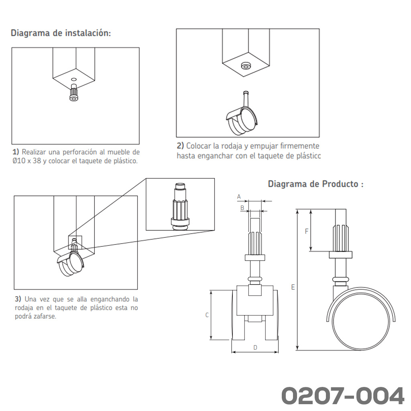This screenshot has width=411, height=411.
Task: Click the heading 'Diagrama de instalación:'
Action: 61,33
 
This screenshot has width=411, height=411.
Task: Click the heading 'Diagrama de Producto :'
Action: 315,184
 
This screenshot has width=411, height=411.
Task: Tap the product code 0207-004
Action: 343,396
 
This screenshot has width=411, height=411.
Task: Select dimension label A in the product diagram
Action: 239,197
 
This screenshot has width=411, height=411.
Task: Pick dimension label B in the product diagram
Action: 242,208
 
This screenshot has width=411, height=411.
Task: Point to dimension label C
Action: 207,315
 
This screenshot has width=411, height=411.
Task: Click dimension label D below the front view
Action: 255,348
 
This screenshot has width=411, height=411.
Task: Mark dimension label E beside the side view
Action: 293,287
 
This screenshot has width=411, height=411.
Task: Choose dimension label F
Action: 306,232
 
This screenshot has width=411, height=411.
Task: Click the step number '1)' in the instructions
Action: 16,152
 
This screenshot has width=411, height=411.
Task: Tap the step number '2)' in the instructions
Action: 180,146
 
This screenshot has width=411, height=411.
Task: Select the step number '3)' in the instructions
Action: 18,299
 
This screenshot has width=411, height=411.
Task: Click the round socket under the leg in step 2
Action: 245,66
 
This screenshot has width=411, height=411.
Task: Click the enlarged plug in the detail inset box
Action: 180,207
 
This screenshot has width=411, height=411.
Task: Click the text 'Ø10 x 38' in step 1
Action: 27,161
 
